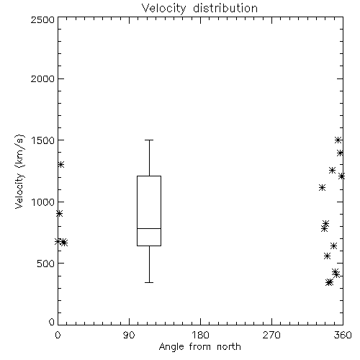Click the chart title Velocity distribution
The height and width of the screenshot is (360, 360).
point(199,9)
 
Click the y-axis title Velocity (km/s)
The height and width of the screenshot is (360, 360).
point(19,171)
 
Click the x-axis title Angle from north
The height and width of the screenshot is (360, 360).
point(199,347)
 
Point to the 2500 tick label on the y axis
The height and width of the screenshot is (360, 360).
point(42,19)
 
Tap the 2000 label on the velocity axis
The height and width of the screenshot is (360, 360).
point(42,78)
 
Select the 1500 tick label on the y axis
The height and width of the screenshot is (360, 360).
point(43,140)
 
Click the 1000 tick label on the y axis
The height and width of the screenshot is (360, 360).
point(43,202)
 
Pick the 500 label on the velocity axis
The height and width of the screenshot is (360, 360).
point(46,264)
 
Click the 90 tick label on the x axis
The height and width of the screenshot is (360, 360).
point(129,335)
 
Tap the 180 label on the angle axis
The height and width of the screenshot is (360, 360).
point(200,335)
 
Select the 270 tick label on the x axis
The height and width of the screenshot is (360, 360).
point(271,335)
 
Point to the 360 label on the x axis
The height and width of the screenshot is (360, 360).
point(343,335)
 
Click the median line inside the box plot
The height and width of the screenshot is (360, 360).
point(149,228)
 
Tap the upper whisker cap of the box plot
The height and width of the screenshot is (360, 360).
point(149,140)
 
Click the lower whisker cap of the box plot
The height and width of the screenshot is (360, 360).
point(149,282)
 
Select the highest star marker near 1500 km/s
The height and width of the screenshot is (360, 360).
point(338,140)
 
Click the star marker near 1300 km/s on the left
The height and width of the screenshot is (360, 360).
point(61,164)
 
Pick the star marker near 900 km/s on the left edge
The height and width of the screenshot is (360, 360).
point(59,214)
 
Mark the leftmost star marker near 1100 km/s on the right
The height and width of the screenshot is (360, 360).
point(322,187)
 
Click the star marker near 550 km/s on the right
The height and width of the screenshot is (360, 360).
point(327,256)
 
